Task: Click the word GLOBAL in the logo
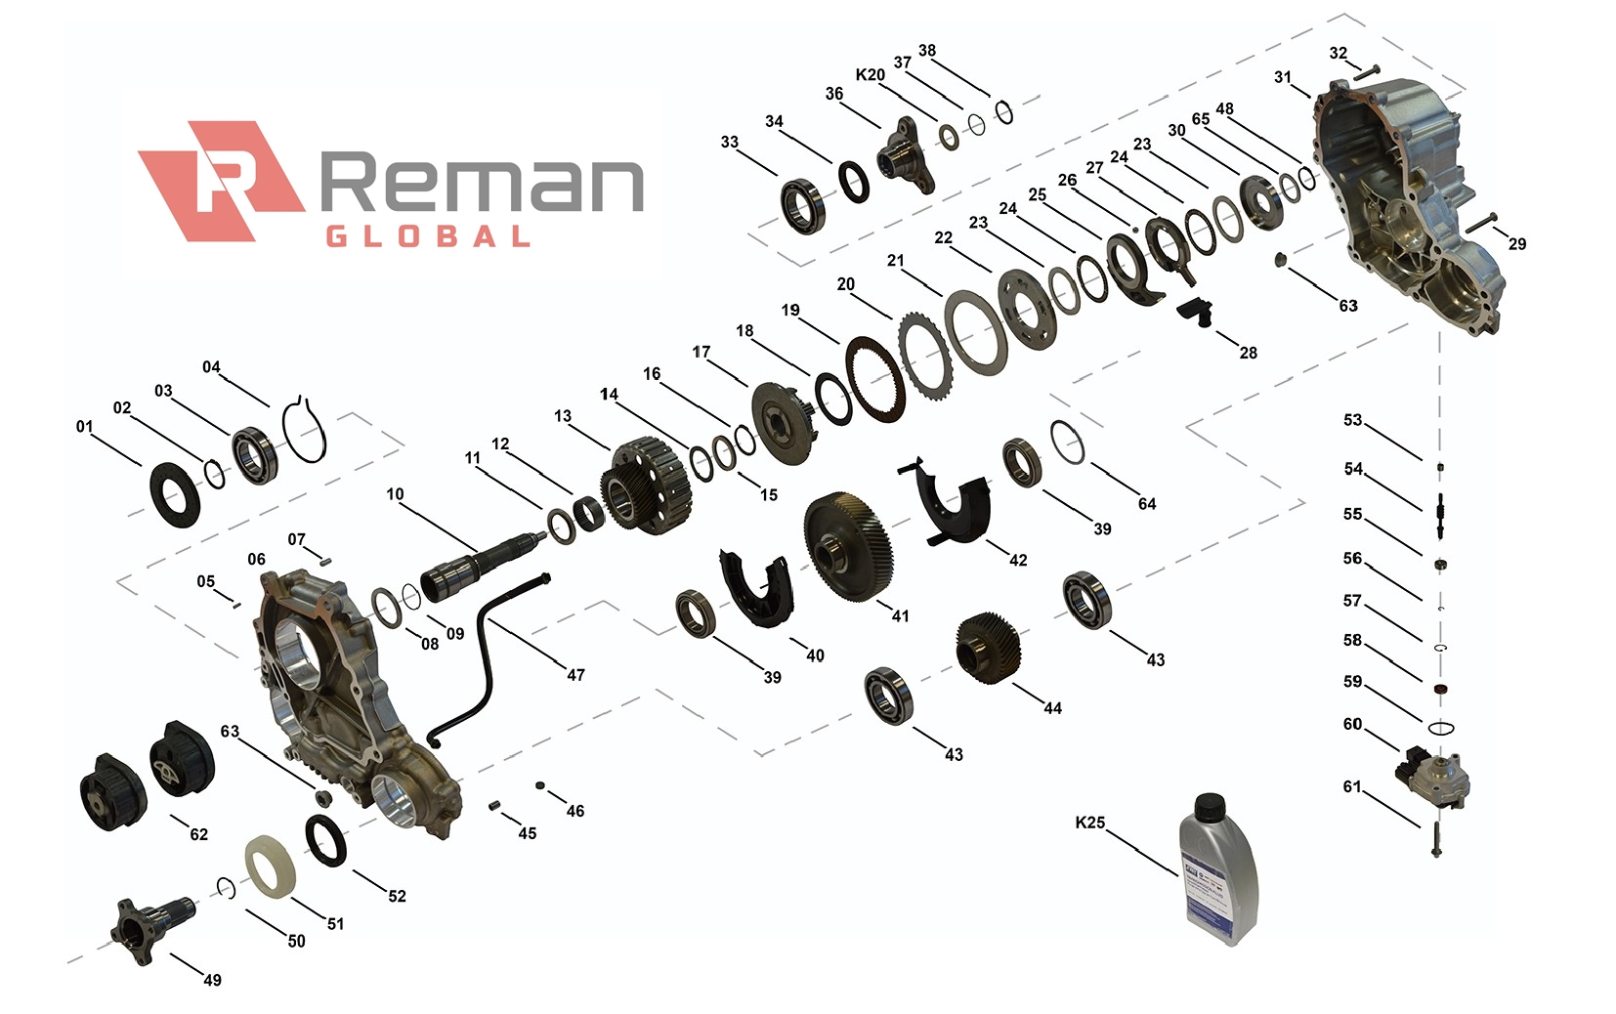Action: point(427,236)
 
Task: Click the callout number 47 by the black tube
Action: point(575,675)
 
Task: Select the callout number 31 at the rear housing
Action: point(1283,77)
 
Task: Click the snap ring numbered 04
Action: point(306,429)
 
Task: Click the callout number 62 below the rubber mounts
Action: point(198,834)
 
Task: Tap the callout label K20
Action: point(870,74)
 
